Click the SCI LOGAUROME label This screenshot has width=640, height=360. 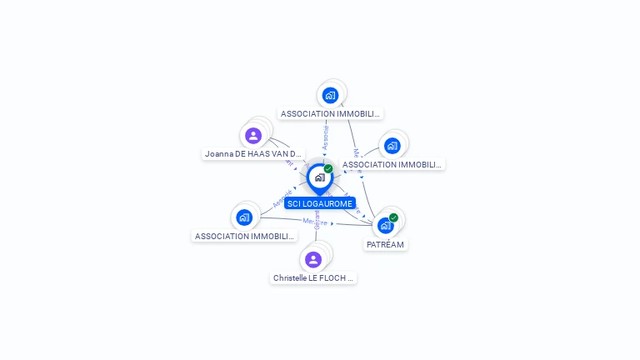pos(320,203)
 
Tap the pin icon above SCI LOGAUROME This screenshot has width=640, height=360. pos(319,177)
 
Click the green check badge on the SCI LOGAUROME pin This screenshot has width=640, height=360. pos(328,168)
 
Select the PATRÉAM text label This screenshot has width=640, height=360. pos(385,245)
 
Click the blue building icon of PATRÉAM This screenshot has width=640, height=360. pos(385,225)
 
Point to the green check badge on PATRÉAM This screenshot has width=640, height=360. pos(393,217)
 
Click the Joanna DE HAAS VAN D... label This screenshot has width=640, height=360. pos(253,154)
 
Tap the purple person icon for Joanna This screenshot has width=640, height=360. pos(253,135)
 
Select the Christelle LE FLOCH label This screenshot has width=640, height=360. pos(313,277)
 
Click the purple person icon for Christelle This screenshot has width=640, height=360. pos(313,259)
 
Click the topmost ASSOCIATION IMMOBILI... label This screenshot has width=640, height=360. pos(330,113)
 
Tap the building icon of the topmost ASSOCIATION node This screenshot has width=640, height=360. pos(330,95)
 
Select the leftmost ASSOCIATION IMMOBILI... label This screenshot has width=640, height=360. pos(243,236)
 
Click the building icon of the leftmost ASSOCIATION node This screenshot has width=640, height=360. pos(243,217)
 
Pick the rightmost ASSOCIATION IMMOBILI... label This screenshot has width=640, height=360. pos(392,164)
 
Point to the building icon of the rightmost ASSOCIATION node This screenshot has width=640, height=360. pos(392,146)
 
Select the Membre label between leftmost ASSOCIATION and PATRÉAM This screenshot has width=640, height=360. pos(314,222)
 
